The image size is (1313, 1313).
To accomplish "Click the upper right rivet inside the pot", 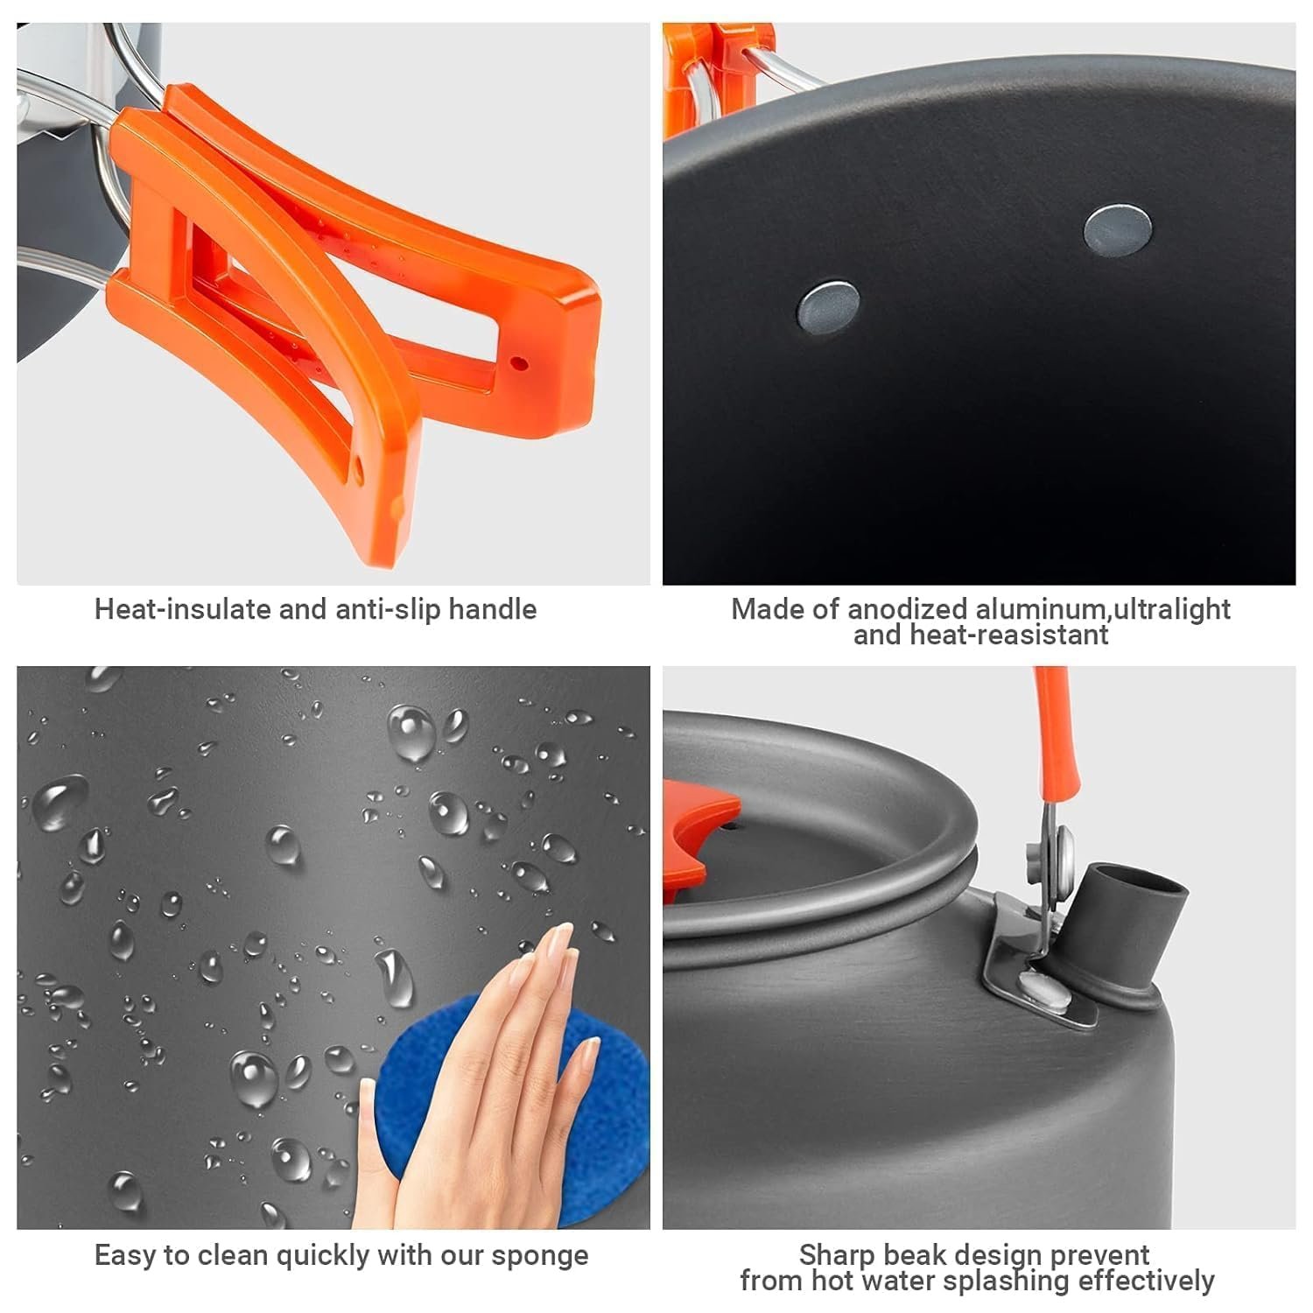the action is [x=1118, y=228].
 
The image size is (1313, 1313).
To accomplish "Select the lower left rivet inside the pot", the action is [x=827, y=305].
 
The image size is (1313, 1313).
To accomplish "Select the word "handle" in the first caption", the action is [x=492, y=609].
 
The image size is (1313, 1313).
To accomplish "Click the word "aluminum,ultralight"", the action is [x=1103, y=609].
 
